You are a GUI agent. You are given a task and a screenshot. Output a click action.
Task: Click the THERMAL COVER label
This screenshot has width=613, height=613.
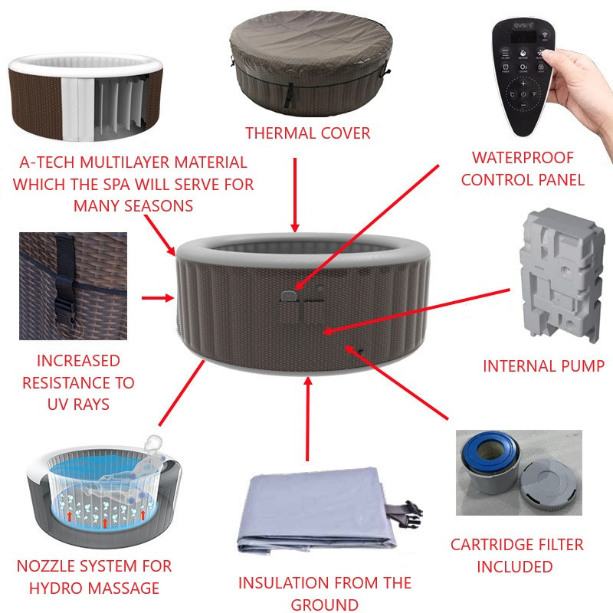308,133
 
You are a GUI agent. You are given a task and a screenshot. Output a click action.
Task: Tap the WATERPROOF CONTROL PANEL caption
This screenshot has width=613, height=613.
523,169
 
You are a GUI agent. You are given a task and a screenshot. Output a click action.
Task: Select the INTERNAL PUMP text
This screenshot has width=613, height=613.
544,366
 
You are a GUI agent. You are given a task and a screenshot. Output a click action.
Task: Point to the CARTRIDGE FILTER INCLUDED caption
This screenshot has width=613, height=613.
516,556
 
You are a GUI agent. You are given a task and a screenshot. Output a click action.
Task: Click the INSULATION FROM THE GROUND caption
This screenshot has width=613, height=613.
325,593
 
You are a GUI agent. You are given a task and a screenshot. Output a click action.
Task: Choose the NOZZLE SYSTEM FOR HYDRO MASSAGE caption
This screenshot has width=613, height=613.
94,577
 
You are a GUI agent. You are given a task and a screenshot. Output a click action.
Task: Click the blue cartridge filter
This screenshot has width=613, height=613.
490,454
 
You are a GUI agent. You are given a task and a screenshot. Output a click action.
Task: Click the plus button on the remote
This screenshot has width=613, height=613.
523,84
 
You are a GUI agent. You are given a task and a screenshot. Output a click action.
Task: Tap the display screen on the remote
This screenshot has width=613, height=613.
523,37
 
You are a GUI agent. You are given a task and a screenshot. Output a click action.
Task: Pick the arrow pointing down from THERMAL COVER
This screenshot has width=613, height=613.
295,195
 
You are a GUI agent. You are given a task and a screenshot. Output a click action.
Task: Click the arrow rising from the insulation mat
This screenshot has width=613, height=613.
308,418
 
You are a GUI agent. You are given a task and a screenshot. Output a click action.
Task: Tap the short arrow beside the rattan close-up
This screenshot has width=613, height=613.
158,298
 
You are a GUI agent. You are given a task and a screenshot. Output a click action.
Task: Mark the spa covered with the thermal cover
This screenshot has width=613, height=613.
311,63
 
